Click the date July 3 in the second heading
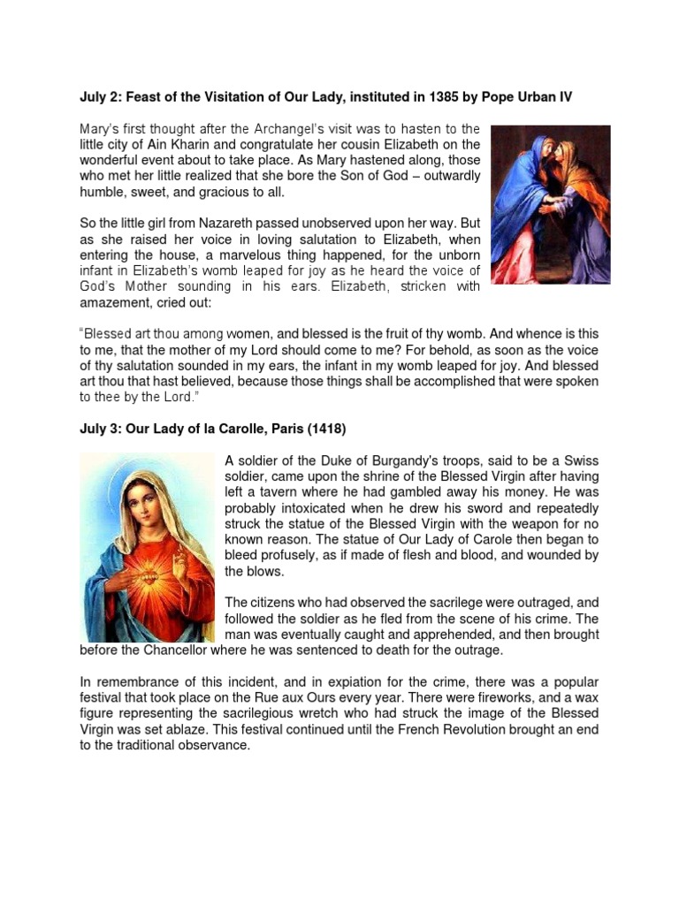(96, 429)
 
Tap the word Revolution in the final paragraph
(428, 730)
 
